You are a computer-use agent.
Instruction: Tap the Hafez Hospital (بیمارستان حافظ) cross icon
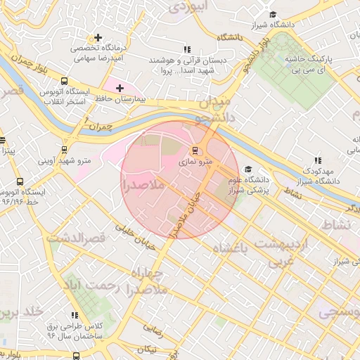(120, 88)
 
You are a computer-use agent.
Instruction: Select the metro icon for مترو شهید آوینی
(65, 149)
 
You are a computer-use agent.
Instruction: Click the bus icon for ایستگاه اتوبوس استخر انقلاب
(65, 81)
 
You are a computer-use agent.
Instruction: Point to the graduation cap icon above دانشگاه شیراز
(273, 15)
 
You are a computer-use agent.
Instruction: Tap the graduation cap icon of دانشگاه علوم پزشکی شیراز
(247, 169)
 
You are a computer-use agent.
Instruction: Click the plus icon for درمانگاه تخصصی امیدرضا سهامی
(98, 37)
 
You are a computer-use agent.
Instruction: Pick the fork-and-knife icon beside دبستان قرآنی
(186, 49)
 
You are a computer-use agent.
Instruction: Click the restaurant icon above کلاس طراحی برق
(75, 316)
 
